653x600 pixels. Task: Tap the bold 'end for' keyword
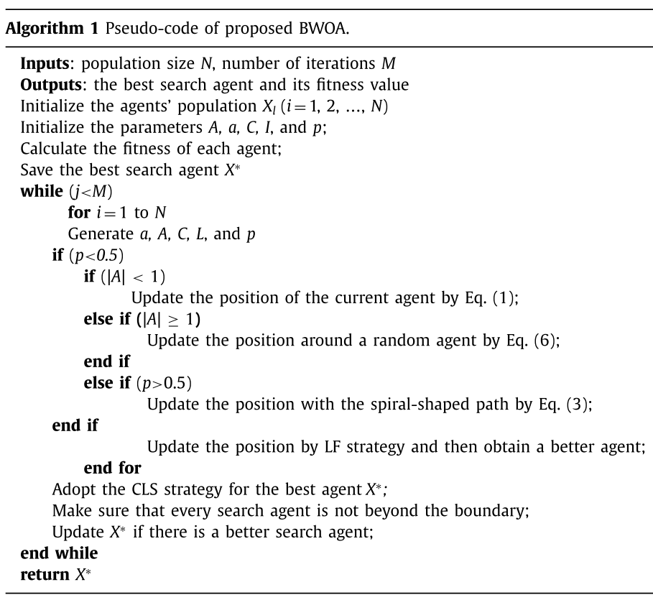112,469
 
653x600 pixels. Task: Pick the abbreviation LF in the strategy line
328,447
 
